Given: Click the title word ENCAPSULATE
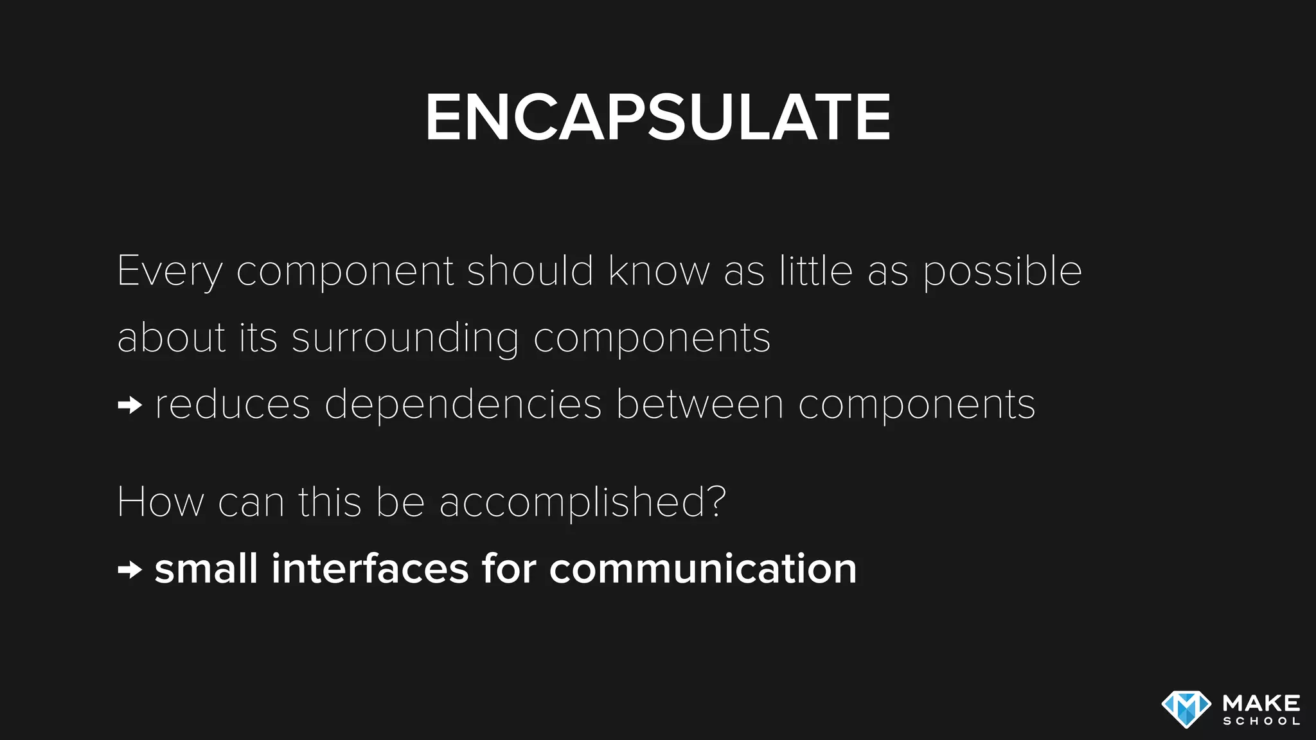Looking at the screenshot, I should pos(657,117).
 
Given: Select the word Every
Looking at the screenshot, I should pos(169,272).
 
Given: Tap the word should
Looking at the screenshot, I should pos(529,270).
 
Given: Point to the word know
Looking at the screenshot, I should pos(659,270).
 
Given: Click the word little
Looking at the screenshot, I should pos(816,270).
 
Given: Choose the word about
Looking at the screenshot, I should pos(172,337).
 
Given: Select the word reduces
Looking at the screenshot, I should pos(233,405).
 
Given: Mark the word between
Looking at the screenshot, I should pos(700,404).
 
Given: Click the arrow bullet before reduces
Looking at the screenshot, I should pos(130,405).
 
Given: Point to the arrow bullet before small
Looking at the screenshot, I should pos(130,569).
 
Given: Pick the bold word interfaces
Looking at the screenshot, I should pos(370,568).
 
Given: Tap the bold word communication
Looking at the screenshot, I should pos(703,568).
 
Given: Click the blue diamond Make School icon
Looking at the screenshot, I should pos(1186,709).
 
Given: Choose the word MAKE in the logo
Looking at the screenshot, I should pos(1261,703).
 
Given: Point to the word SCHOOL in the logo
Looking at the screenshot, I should pos(1261,721).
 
